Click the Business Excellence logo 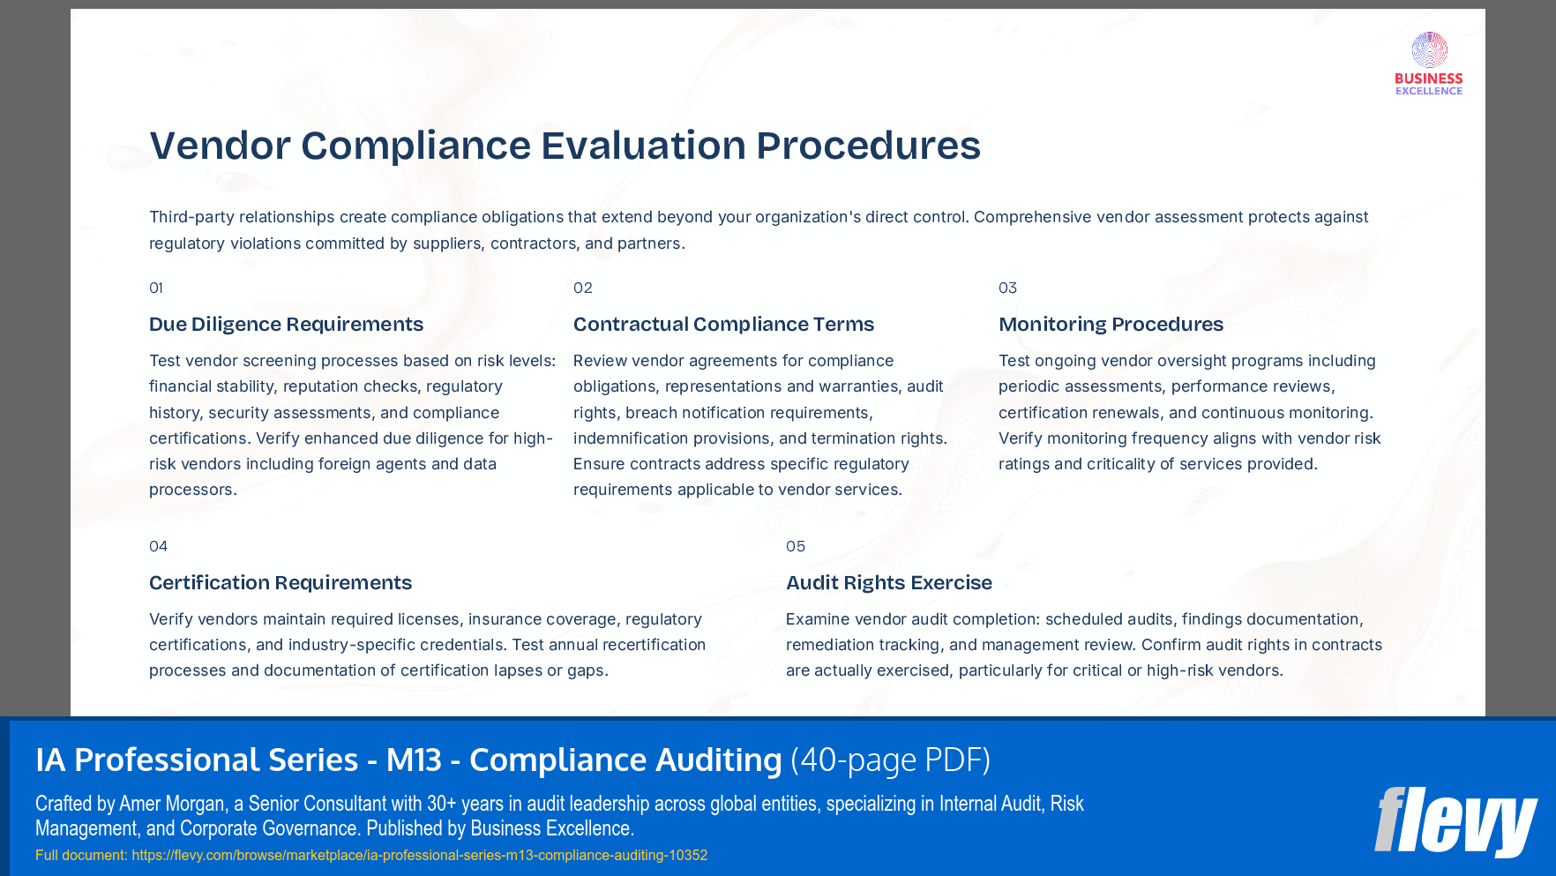(x=1429, y=64)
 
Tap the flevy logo (x=1455, y=821)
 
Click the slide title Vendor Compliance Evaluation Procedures (x=565, y=146)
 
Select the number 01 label (x=156, y=288)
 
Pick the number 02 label (x=583, y=288)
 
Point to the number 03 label (x=1007, y=288)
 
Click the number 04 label (x=158, y=546)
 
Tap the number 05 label (x=796, y=546)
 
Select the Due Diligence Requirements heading (x=286, y=324)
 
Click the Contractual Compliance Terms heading (x=723, y=324)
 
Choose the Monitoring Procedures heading (x=1111, y=324)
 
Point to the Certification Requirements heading (x=281, y=582)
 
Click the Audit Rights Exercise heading (x=889, y=582)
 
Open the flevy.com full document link (x=419, y=855)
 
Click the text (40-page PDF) (x=890, y=760)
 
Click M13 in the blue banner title (x=414, y=760)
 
